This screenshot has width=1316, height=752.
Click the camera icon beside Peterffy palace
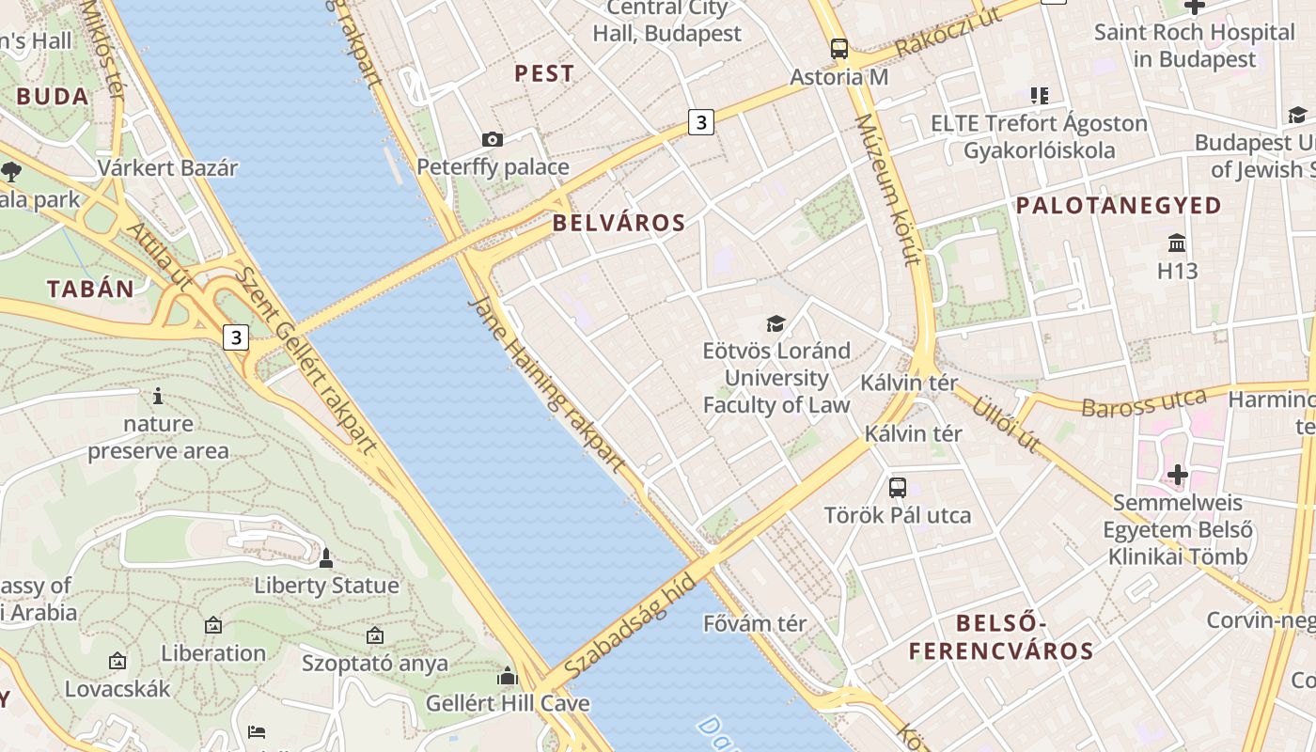pyautogui.click(x=492, y=140)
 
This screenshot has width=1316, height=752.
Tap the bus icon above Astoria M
pyautogui.click(x=839, y=49)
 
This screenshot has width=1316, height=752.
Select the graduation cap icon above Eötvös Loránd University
pyautogui.click(x=775, y=324)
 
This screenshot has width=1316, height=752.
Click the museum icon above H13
pyautogui.click(x=1176, y=243)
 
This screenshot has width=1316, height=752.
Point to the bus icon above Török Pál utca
pyautogui.click(x=898, y=487)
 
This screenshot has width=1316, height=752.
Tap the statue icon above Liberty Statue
pyautogui.click(x=326, y=558)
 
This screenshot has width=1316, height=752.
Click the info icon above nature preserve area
pyautogui.click(x=158, y=396)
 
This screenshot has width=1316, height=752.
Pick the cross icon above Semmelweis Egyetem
pyautogui.click(x=1178, y=475)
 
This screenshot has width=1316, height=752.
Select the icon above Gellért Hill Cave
pyautogui.click(x=508, y=676)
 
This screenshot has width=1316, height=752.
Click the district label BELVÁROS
pyautogui.click(x=619, y=223)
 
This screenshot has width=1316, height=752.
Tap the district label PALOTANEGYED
pyautogui.click(x=1119, y=205)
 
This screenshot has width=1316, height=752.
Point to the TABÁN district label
pyautogui.click(x=91, y=289)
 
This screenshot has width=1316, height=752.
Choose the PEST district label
pyautogui.click(x=544, y=73)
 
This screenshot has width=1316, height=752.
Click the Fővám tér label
pyautogui.click(x=755, y=623)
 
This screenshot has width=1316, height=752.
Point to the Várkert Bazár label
pyautogui.click(x=168, y=168)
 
